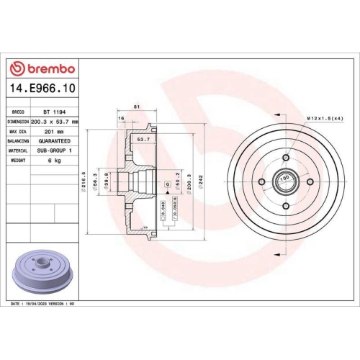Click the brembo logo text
tap(45, 68)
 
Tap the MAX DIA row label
tap(18, 132)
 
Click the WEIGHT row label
tap(18, 161)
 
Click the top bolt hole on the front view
tap(285, 157)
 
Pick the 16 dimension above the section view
tap(122, 117)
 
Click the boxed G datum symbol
tap(167, 185)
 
